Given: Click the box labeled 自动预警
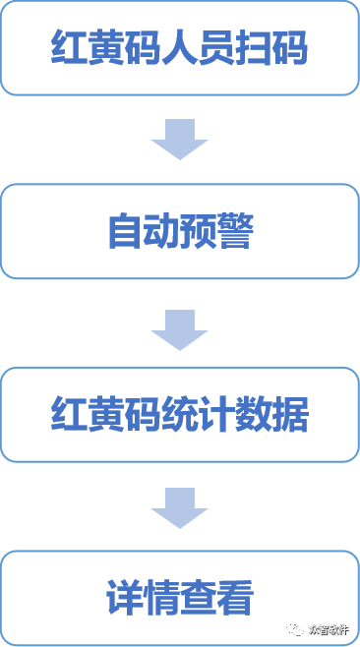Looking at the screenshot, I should (180, 232).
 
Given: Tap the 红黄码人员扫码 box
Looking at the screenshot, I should (180, 47).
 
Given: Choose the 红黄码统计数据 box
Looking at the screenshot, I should (180, 415).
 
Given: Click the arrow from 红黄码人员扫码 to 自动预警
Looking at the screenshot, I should (179, 140).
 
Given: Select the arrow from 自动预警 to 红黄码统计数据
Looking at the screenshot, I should (179, 328).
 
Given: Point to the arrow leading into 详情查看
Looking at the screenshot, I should (179, 506).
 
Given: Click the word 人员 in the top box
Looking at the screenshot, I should (196, 47).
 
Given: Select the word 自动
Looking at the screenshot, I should (143, 232).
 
